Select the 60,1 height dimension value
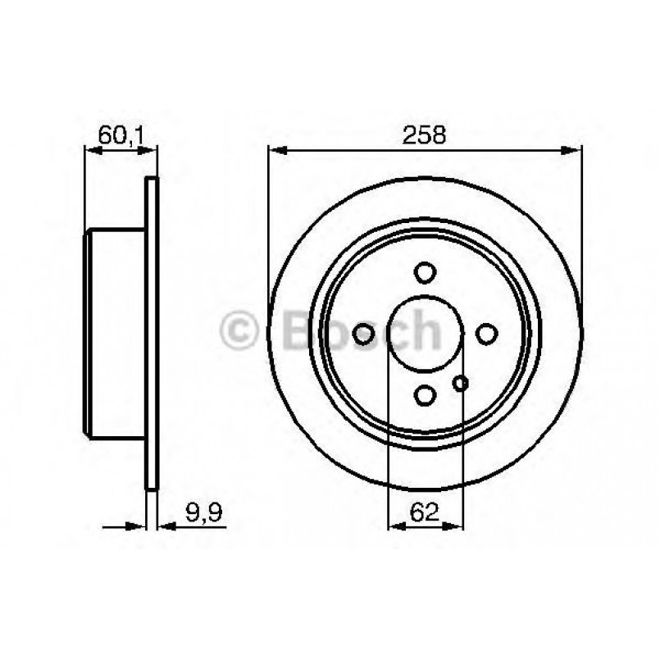121,134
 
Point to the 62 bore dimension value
424,514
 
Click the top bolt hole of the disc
425,271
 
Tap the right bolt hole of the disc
487,333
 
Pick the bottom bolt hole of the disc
425,395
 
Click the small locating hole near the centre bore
460,382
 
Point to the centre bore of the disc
425,333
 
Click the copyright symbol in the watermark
239,332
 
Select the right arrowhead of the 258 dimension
573,150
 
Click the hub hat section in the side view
115,332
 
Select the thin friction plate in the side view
150,332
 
